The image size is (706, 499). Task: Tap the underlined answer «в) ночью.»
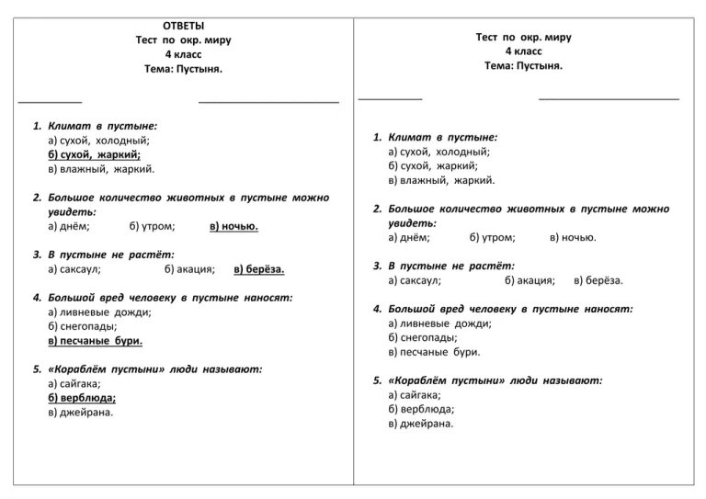click(233, 226)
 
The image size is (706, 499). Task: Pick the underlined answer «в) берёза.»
click(258, 269)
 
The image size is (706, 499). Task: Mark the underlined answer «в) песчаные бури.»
click(95, 341)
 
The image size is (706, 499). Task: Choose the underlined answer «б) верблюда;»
click(82, 398)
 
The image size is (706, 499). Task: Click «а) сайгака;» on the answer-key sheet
click(74, 383)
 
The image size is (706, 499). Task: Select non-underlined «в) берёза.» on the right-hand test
click(598, 280)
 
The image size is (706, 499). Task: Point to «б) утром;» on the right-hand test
click(492, 237)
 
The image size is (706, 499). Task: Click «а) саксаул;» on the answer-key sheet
click(74, 269)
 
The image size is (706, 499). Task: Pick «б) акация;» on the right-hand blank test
click(529, 280)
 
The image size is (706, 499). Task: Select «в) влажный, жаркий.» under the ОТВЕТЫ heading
click(101, 169)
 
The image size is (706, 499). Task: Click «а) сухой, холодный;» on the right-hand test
click(438, 152)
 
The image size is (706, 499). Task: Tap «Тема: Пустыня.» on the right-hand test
click(523, 66)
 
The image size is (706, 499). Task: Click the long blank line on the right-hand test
click(609, 98)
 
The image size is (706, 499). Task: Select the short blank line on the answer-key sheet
click(50, 101)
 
